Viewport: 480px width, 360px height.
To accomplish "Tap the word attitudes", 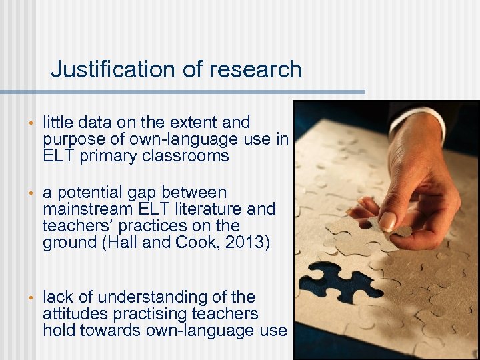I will [x=73, y=313].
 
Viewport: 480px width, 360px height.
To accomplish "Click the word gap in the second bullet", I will [x=137, y=193].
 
